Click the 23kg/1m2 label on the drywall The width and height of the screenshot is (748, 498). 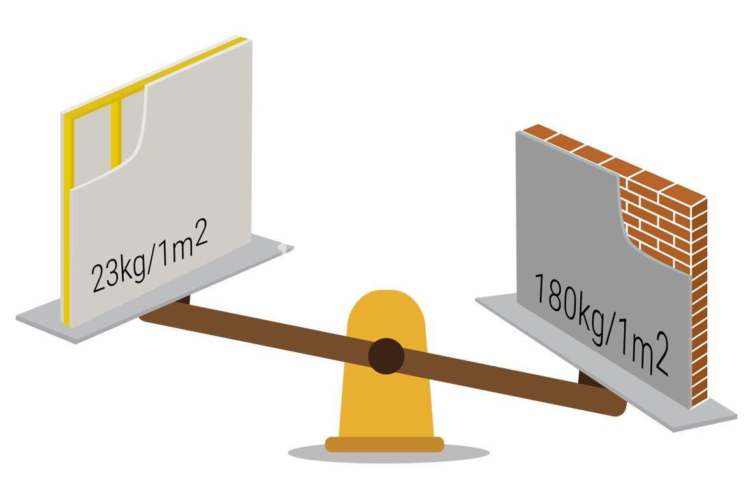pyautogui.click(x=150, y=255)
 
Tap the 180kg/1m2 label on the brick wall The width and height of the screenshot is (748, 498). pyautogui.click(x=602, y=324)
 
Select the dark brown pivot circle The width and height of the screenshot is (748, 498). pyautogui.click(x=386, y=356)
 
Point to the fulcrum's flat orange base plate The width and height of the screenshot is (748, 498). pyautogui.click(x=384, y=445)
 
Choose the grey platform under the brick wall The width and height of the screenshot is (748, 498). pyautogui.click(x=606, y=362)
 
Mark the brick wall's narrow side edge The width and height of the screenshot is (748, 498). pyautogui.click(x=699, y=300)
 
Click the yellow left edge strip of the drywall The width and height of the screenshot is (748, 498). pyautogui.click(x=68, y=219)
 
